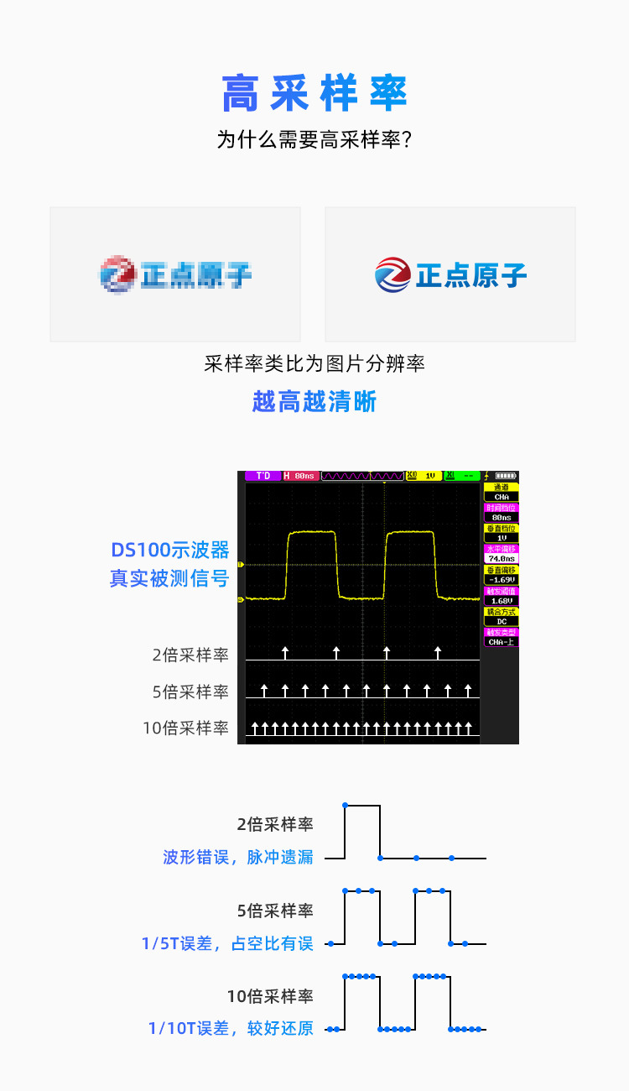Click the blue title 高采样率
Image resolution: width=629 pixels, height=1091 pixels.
pyautogui.click(x=314, y=93)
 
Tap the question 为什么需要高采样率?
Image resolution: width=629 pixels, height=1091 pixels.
pyautogui.click(x=314, y=139)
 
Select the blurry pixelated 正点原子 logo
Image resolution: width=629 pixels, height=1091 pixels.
pyautogui.click(x=175, y=274)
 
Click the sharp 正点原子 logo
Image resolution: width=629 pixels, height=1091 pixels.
pyautogui.click(x=450, y=274)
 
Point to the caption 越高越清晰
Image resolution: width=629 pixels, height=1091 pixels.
pyautogui.click(x=314, y=401)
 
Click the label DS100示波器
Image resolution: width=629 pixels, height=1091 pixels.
pyautogui.click(x=170, y=551)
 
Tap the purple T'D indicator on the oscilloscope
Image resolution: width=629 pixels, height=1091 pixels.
pyautogui.click(x=263, y=476)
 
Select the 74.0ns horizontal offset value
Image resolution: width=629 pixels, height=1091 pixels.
pyautogui.click(x=502, y=558)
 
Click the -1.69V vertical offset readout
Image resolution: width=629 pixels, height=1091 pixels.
pyautogui.click(x=502, y=579)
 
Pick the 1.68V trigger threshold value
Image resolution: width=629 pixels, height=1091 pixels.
pyautogui.click(x=502, y=600)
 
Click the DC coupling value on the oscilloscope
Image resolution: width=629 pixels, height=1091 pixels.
pyautogui.click(x=502, y=621)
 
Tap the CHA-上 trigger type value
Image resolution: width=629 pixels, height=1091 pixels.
pyautogui.click(x=502, y=642)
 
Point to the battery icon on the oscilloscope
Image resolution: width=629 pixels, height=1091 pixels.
pyautogui.click(x=507, y=476)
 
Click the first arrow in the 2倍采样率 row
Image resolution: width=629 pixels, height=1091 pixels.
pyautogui.click(x=285, y=653)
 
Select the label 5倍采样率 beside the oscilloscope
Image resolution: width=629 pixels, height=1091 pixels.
pyautogui.click(x=190, y=692)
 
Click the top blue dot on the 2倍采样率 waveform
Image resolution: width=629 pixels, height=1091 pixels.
pyautogui.click(x=345, y=805)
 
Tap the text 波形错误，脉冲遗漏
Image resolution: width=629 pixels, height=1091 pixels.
pyautogui.click(x=238, y=857)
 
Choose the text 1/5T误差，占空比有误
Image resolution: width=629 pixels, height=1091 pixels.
pyautogui.click(x=227, y=943)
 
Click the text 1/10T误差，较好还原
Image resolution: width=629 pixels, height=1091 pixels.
pyautogui.click(x=231, y=1028)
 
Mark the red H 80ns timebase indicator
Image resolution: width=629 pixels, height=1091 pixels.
pyautogui.click(x=300, y=476)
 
